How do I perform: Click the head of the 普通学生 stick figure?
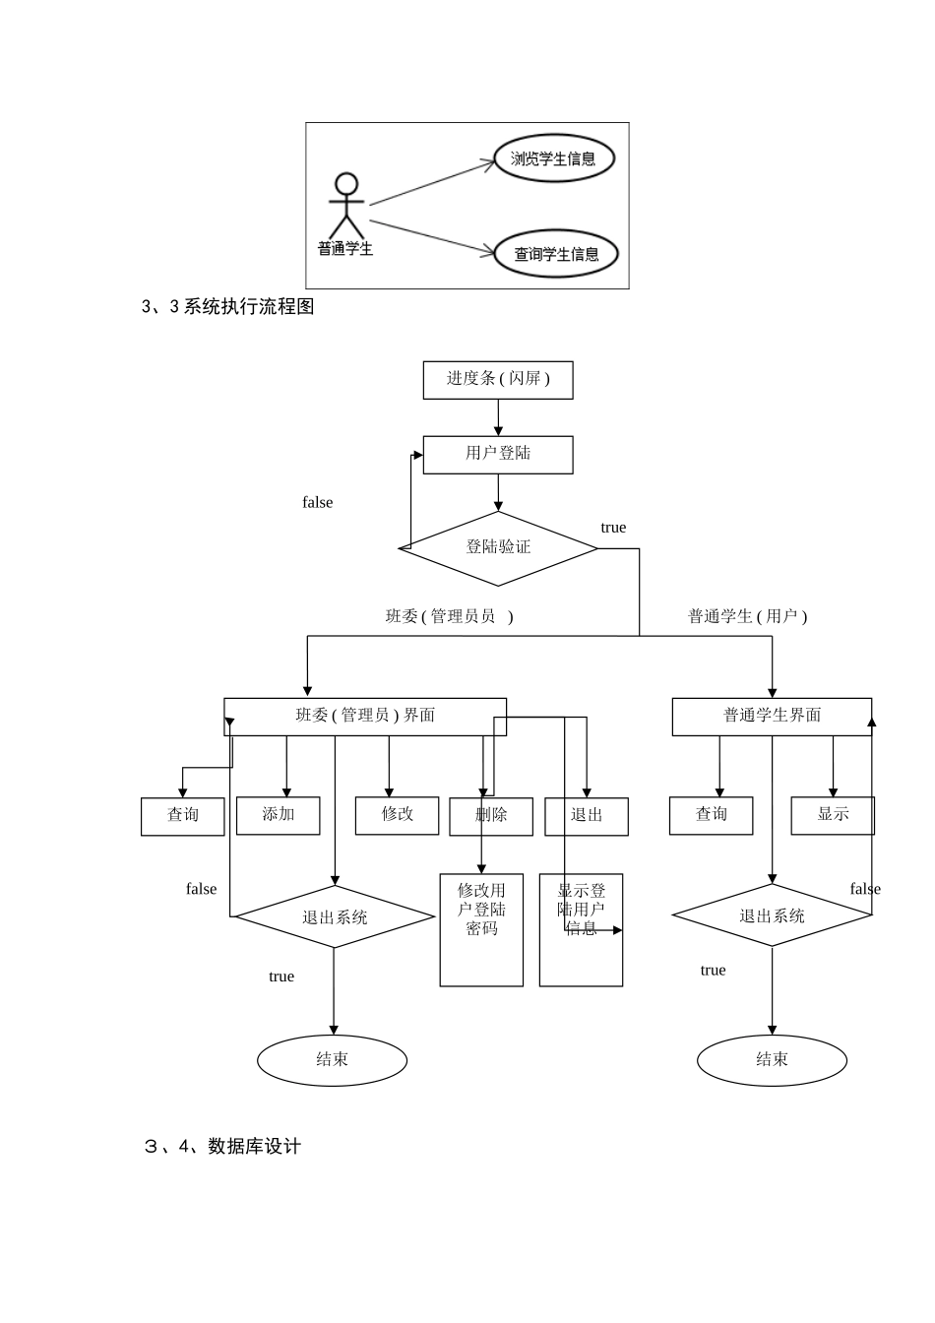point(346,184)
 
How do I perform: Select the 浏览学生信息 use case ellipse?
point(553,158)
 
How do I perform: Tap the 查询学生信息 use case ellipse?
point(556,254)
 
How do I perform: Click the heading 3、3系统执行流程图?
point(228,307)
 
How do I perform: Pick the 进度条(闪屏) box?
point(498,379)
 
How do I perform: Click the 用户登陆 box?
point(498,454)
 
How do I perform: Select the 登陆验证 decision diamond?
point(498,547)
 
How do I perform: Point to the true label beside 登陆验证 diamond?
point(613,528)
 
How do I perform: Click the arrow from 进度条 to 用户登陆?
point(498,417)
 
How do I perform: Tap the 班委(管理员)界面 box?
point(365,716)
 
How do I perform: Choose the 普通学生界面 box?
point(772,716)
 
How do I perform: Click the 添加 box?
point(279,815)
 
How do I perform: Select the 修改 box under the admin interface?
point(397,815)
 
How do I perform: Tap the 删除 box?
point(491,816)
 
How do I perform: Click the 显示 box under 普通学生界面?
point(833,815)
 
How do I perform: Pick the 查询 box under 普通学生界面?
point(711,815)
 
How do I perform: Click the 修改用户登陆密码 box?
point(481,929)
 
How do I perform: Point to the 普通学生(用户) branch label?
point(747,616)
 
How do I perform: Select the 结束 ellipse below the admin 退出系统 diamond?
point(332,1060)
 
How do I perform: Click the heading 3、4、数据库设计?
point(222,1147)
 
